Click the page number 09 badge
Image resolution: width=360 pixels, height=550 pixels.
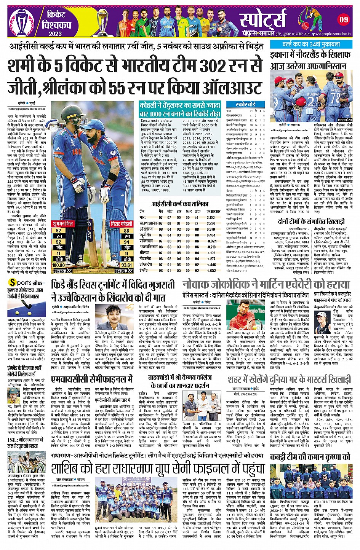(x=344, y=19)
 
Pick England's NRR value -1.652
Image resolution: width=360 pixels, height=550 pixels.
(x=211, y=271)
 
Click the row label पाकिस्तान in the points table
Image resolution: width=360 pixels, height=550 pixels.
(x=147, y=241)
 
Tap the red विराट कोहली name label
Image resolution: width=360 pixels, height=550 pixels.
(x=122, y=224)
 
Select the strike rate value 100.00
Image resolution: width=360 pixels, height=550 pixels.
(x=58, y=265)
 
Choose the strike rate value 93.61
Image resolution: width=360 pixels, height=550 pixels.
(x=126, y=265)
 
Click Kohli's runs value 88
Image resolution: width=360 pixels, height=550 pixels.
(x=126, y=231)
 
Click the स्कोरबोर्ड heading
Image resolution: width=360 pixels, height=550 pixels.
(x=246, y=104)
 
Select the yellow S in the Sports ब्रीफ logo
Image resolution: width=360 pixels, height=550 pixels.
(x=13, y=282)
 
